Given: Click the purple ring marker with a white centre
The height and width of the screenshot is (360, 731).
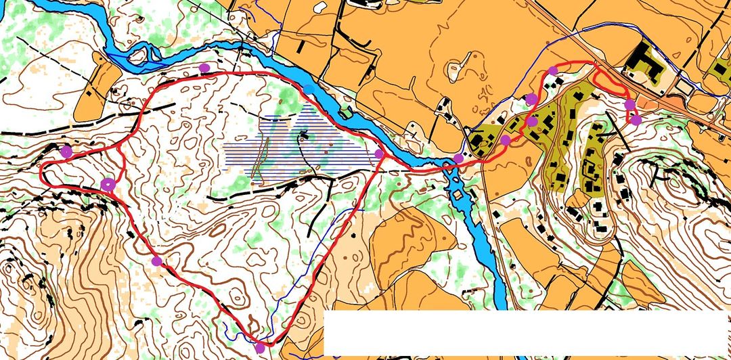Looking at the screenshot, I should click(x=108, y=184).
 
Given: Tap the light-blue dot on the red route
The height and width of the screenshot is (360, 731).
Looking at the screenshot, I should click(x=309, y=89).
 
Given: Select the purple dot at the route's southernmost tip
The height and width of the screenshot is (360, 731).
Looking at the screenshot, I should click(x=260, y=348).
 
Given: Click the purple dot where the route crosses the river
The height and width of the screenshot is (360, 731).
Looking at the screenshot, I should click(x=458, y=158).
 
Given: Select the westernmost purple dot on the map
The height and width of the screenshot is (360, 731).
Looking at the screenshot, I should click(x=66, y=152).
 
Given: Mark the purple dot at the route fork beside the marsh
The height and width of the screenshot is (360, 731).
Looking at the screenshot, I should click(x=379, y=154).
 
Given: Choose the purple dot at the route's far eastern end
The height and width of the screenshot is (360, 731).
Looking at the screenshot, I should click(x=636, y=120).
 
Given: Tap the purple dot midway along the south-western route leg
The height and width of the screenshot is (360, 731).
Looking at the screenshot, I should click(x=157, y=261).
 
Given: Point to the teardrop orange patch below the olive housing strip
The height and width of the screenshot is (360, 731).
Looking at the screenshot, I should click(x=579, y=198).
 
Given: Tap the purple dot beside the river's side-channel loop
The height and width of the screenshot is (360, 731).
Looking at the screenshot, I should click(x=204, y=68).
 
